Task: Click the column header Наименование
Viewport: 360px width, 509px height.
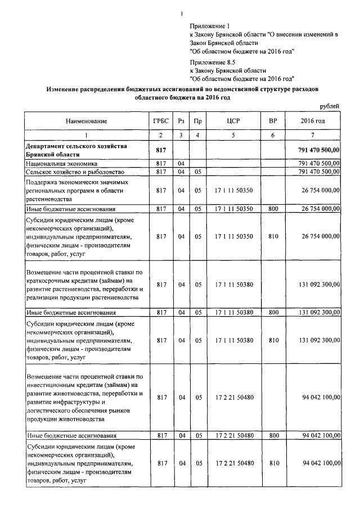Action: click(x=86, y=121)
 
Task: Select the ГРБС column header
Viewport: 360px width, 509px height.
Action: click(x=160, y=121)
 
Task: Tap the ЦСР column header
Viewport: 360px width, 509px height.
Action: click(x=233, y=121)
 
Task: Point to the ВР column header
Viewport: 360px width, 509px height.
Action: click(x=273, y=121)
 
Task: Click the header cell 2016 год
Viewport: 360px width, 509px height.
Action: click(x=312, y=121)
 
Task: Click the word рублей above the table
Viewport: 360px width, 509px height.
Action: click(x=329, y=106)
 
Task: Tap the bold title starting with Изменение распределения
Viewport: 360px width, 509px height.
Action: click(x=182, y=89)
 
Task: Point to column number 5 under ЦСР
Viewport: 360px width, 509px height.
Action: click(x=233, y=135)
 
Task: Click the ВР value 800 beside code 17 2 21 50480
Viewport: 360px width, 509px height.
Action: click(x=273, y=435)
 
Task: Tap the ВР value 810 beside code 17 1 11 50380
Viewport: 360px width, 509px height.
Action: click(x=273, y=340)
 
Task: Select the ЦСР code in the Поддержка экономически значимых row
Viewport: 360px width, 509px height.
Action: click(x=233, y=191)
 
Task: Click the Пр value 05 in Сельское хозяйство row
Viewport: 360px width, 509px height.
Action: click(x=197, y=172)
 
